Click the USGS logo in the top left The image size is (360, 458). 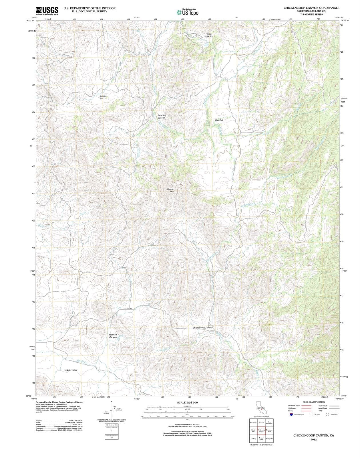click(47, 11)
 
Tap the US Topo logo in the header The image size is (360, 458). click(187, 12)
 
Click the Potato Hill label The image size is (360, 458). click(170, 190)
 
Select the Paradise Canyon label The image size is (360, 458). click(162, 117)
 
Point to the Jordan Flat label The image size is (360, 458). click(103, 97)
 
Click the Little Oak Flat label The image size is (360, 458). click(209, 35)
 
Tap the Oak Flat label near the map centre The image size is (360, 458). click(219, 120)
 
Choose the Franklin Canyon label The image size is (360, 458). click(113, 336)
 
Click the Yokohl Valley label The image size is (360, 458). click(71, 370)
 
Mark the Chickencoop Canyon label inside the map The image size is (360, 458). click(203, 327)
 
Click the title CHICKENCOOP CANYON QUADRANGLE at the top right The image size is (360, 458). click(311, 8)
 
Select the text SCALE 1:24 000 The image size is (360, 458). click(187, 402)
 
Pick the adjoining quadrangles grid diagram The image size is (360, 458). click(261, 431)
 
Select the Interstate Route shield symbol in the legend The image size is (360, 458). click(291, 414)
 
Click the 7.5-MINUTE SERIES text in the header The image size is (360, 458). click(311, 14)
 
